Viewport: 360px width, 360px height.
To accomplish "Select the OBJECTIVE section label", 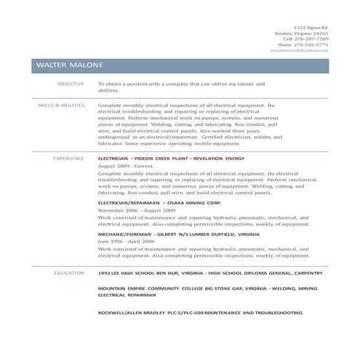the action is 71,84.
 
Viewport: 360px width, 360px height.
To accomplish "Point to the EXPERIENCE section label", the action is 68,157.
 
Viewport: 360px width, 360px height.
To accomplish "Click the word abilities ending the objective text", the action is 107,90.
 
